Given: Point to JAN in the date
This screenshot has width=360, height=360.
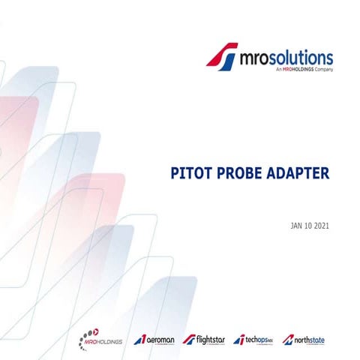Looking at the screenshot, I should (298, 225).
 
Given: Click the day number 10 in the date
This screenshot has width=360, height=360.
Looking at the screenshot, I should (311, 225).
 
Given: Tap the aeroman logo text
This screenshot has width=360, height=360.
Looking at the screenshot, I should (159, 339).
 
